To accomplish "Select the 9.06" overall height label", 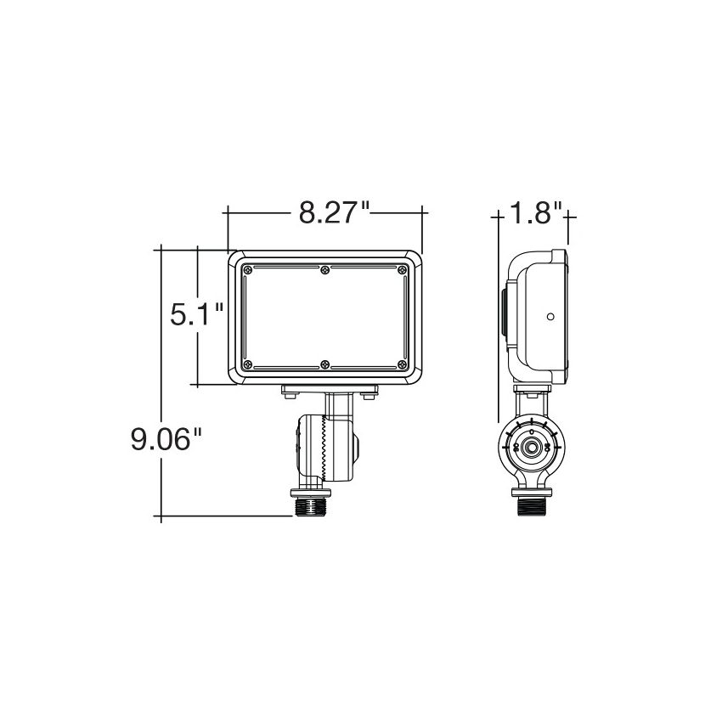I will point(166,439).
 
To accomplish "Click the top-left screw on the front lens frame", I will point(247,270).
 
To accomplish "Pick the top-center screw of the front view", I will point(325,270).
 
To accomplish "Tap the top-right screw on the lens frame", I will point(403,270).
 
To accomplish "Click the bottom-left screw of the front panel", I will point(247,364).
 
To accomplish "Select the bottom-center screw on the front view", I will point(325,364).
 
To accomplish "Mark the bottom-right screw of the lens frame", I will point(403,364).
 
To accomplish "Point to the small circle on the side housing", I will point(550,317).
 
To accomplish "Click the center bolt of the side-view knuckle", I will point(531,447).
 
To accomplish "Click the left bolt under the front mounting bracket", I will point(290,394).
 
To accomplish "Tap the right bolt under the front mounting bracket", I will point(369,394).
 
